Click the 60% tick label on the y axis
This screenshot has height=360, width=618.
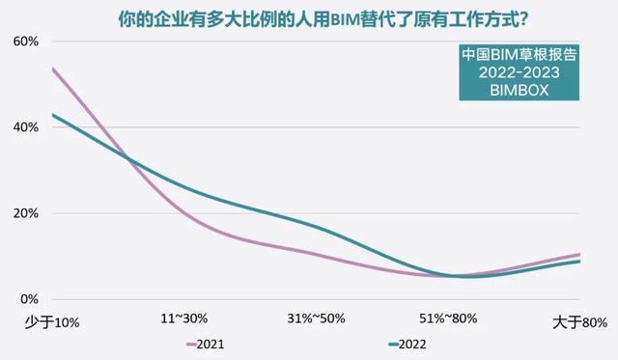tap(24, 42)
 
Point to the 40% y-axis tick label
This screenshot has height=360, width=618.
tap(24, 127)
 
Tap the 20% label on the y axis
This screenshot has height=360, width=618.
tap(24, 213)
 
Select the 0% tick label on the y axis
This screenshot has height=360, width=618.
tap(28, 299)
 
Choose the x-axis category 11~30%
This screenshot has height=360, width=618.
tap(184, 318)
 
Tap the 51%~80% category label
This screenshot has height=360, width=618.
tap(449, 318)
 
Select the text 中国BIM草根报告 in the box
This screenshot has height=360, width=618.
tap(520, 53)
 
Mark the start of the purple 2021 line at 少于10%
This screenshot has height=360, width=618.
tap(52, 68)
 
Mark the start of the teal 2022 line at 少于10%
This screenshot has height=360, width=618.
tap(52, 115)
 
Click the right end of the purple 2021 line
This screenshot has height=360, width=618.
tap(579, 255)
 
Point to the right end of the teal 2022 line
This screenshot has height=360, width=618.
tap(579, 262)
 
